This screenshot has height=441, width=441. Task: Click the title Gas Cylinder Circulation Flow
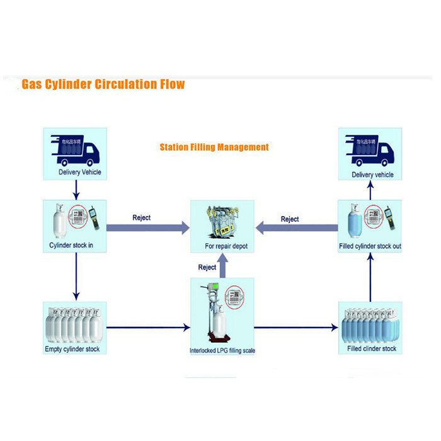103,84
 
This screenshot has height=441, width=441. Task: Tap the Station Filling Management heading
214,147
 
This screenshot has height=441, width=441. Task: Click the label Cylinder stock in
71,245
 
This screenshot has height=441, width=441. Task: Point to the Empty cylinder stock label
72,349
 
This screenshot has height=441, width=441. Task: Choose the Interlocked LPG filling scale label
222,350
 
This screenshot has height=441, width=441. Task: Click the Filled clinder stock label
372,348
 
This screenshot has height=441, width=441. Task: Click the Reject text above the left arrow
142,218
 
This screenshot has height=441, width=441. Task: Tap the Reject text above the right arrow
290,219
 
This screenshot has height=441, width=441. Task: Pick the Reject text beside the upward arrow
207,267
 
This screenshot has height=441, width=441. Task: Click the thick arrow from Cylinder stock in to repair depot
148,227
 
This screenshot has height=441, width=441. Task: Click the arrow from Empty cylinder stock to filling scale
148,328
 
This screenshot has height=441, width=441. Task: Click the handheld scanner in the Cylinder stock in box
93,218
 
